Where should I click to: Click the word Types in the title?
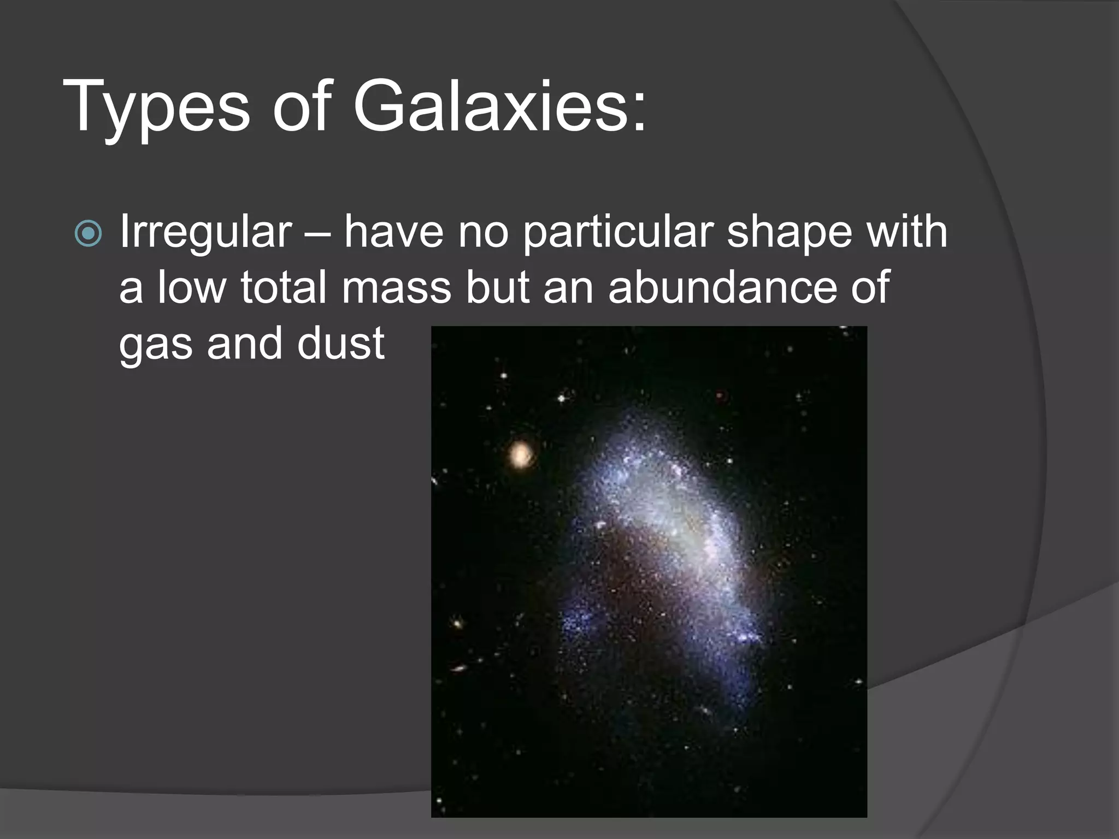pyautogui.click(x=156, y=107)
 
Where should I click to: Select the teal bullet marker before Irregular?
pyautogui.click(x=88, y=234)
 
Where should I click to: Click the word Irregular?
pyautogui.click(x=205, y=232)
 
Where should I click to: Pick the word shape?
pyautogui.click(x=789, y=232)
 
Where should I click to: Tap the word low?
pyautogui.click(x=191, y=287)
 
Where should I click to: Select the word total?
pyautogui.click(x=283, y=287)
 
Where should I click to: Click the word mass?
pyautogui.click(x=397, y=288)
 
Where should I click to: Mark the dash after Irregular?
pyautogui.click(x=317, y=234)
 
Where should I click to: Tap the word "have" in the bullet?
pyautogui.click(x=393, y=232)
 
